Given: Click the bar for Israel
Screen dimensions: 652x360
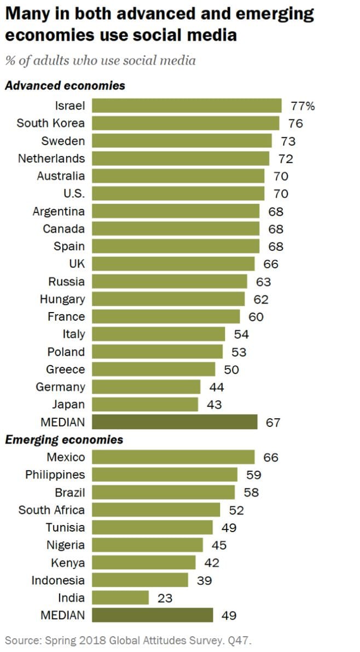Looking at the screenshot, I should (186, 106).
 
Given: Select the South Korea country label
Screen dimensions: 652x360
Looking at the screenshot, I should (50, 123).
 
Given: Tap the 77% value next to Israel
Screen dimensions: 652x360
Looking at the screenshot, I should (303, 106).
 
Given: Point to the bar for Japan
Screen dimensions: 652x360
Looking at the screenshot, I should (144, 405).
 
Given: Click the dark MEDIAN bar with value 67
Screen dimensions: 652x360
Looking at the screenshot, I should (174, 422).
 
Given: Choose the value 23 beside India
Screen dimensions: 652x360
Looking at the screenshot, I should (165, 598).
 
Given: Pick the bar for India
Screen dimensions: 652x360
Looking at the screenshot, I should (120, 598).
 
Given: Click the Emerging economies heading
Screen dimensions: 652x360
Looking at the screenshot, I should (64, 440).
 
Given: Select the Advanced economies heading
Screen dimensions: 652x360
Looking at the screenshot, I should (65, 86).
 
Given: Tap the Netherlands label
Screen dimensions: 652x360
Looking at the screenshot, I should (51, 159).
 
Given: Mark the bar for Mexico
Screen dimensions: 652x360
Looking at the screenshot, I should (173, 457).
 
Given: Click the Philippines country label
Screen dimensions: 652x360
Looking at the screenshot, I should (55, 475).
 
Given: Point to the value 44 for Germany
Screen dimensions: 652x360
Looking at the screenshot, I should (217, 387).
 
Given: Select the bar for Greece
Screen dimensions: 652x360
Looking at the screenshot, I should (153, 370).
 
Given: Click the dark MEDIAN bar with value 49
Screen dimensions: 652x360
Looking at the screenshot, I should (152, 615).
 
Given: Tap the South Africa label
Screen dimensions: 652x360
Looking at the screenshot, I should (51, 510).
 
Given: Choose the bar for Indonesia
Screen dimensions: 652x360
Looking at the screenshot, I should (140, 580).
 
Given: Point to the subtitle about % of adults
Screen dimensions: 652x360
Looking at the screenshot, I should (100, 61).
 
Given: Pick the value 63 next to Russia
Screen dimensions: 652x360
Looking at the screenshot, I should (263, 282).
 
